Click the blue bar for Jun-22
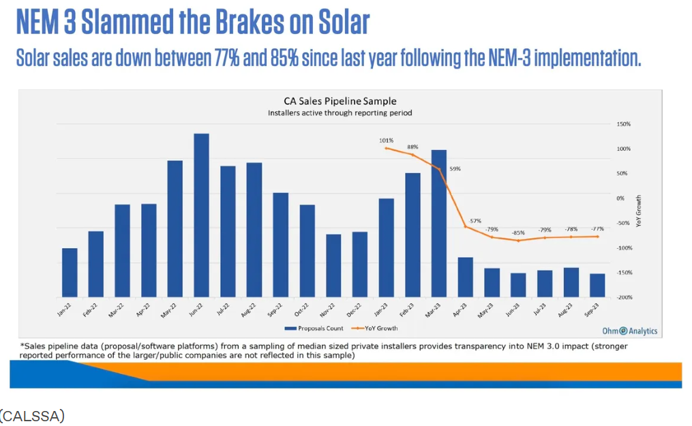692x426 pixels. click(x=201, y=215)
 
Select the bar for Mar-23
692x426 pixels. click(x=439, y=223)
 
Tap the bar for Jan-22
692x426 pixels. click(x=70, y=272)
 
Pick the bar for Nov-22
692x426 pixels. click(x=333, y=265)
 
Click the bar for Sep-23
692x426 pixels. click(x=597, y=285)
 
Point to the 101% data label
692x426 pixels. click(x=386, y=140)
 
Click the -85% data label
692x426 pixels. click(x=518, y=232)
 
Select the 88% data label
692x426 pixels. click(x=412, y=147)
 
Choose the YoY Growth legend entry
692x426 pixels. click(x=378, y=328)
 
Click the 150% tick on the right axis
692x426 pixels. click(x=624, y=124)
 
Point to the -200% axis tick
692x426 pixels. click(x=624, y=297)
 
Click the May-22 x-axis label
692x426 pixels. click(x=172, y=311)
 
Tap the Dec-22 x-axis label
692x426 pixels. click(x=357, y=311)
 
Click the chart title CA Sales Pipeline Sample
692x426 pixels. click(x=340, y=102)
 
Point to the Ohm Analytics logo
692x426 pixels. click(x=630, y=331)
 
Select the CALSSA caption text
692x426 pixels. click(x=33, y=415)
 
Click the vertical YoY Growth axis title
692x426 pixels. click(x=639, y=211)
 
